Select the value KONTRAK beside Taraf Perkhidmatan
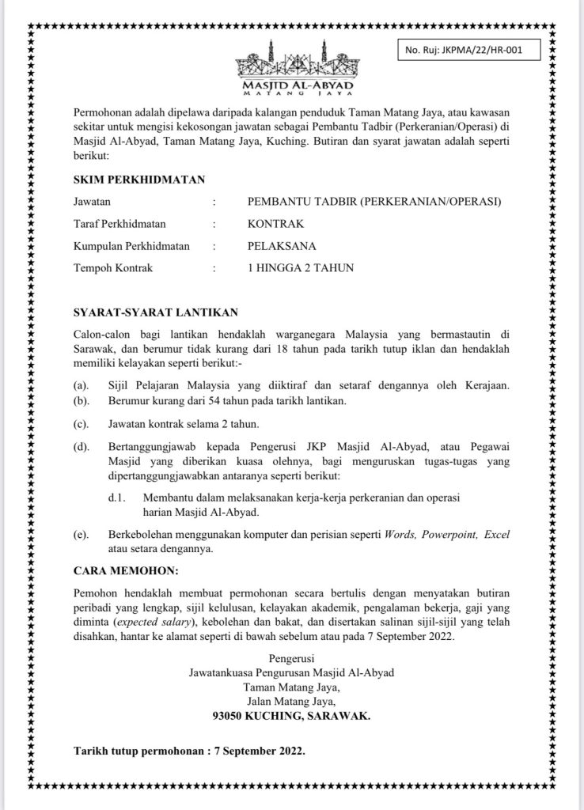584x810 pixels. (275, 224)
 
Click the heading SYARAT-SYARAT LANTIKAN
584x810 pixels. (154, 312)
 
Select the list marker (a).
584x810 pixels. (80, 385)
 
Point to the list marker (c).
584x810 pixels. (80, 423)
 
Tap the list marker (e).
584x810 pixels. (80, 536)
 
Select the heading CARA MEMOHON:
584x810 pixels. (126, 570)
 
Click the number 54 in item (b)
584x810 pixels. (209, 401)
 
